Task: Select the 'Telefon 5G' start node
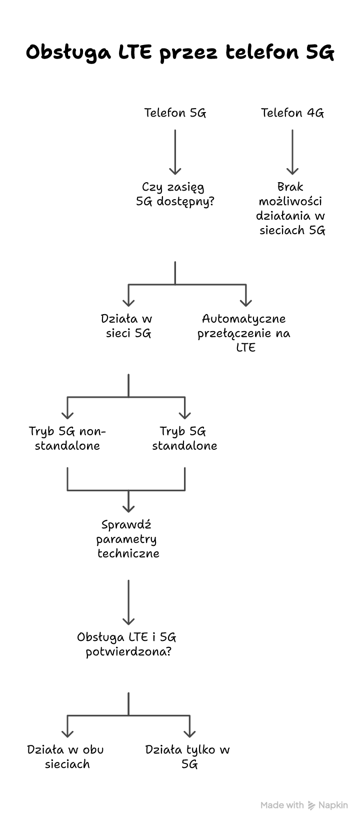pos(175,113)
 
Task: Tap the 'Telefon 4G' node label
pos(292,113)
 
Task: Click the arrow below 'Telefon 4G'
pos(292,152)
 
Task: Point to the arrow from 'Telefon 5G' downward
pos(175,152)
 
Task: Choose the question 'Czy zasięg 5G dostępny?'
pos(175,194)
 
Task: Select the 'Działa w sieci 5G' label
pos(128,326)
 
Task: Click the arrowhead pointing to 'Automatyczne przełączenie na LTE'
pos(245,302)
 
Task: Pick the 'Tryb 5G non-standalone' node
pos(67,438)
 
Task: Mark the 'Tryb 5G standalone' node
pos(184,438)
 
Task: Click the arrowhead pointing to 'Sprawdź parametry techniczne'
pos(128,508)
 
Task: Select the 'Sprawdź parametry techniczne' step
pos(128,539)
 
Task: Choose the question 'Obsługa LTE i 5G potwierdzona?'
pos(127,644)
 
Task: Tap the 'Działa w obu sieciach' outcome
pos(66,756)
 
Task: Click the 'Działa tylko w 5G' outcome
pos(188,756)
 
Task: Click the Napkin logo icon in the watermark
pos(311,805)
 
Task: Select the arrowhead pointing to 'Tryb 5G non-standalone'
pos(67,415)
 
